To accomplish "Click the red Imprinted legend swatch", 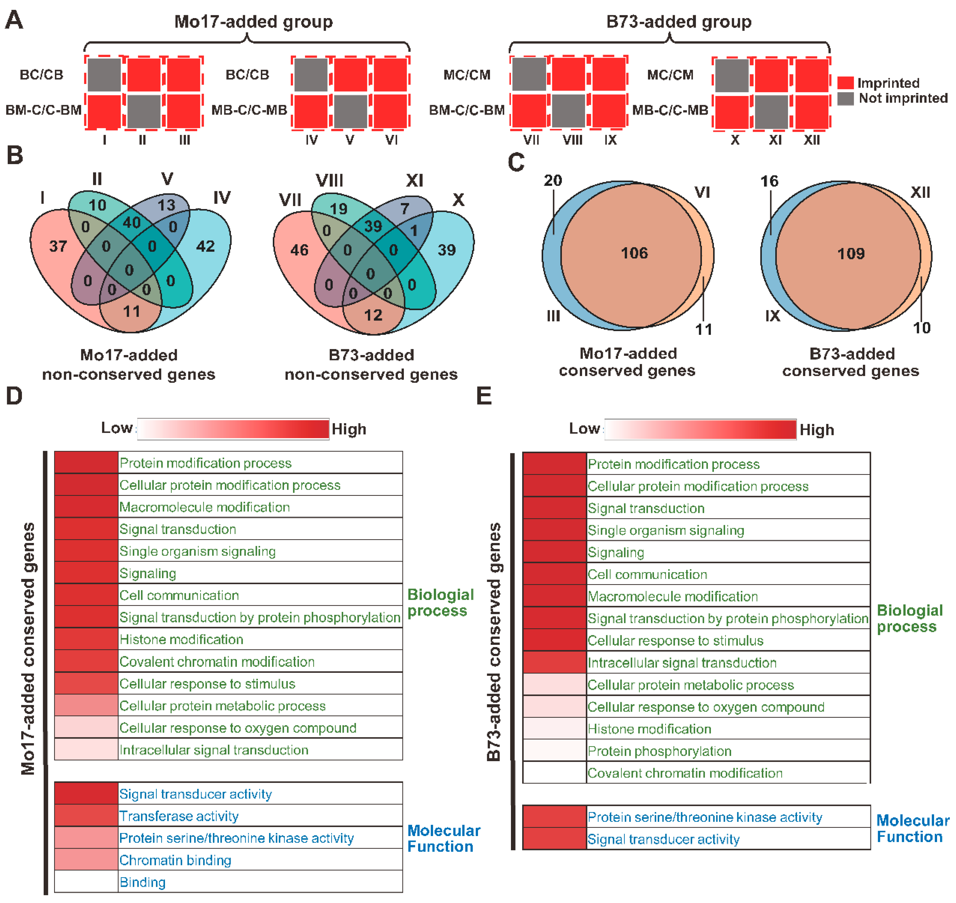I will coord(845,83).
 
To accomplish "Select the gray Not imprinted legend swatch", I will coord(845,98).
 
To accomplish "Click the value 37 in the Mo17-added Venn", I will coord(58,246).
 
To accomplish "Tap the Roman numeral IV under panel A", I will coord(312,140).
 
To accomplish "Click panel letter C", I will coord(516,163).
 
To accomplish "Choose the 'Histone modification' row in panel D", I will coord(181,640).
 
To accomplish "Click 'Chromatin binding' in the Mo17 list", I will coord(175,861).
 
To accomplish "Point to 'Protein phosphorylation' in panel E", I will coord(659,751).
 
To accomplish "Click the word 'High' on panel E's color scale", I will coord(817,430).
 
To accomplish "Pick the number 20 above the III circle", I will coord(553,181).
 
